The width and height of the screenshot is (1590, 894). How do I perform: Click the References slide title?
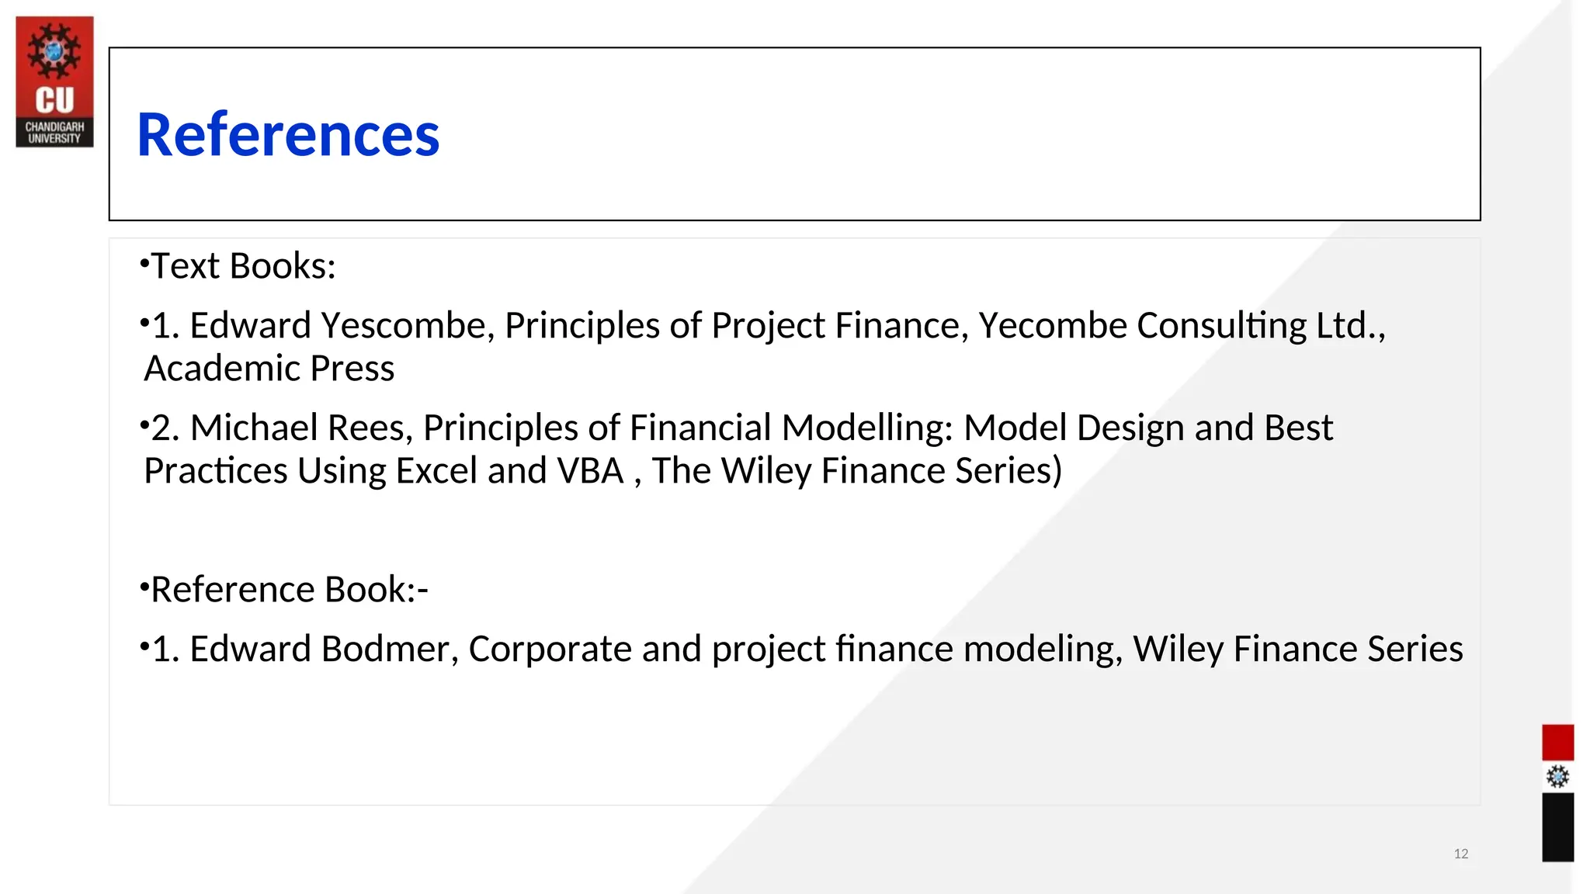coord(288,135)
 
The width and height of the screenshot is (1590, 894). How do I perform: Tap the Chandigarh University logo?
coord(54,81)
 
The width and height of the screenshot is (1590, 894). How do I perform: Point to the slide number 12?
coord(1460,854)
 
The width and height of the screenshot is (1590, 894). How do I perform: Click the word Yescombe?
coord(408,325)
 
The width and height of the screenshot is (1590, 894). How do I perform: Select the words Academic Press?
coord(269,369)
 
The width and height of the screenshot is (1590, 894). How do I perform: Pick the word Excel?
coord(436,471)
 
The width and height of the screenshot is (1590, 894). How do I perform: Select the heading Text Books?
coord(243,266)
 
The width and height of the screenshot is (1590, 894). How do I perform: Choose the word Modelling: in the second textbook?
coord(867,428)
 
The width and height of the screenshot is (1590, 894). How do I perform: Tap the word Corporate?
coord(550,649)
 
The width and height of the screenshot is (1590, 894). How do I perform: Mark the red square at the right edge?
coord(1557,743)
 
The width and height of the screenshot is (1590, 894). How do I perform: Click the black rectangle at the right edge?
coord(1557,827)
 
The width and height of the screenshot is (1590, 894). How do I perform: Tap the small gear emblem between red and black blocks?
coord(1557,777)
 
